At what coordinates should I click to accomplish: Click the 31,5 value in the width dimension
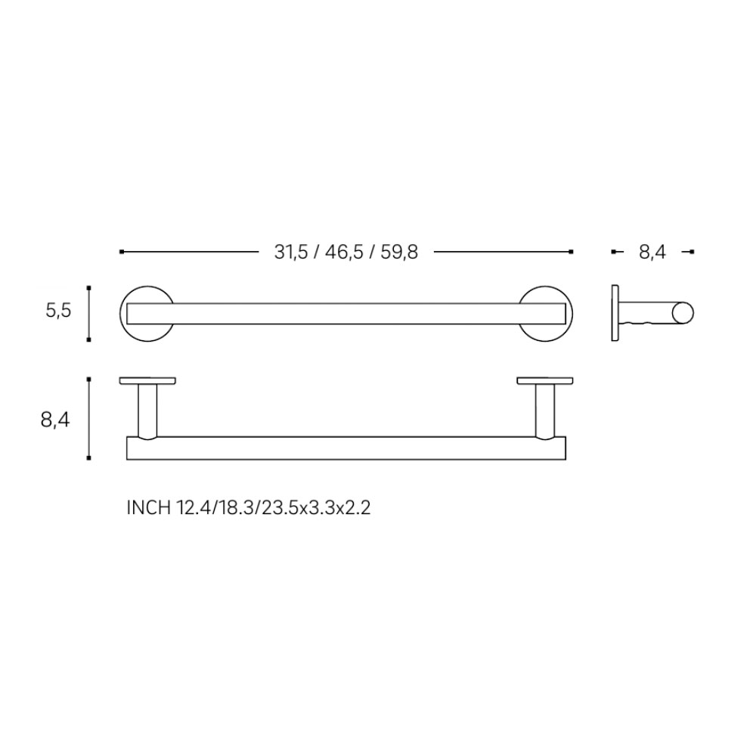click(x=291, y=253)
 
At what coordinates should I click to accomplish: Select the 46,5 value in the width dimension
click(x=344, y=253)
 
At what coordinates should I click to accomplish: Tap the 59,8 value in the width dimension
click(x=399, y=253)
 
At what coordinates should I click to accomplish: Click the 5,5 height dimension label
click(x=58, y=311)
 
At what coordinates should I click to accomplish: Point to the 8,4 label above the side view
click(x=652, y=253)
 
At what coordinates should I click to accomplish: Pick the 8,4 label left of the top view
click(x=55, y=420)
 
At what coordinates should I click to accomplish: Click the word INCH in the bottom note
click(x=148, y=508)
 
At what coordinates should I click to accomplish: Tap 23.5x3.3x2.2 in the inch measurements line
click(x=316, y=508)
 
